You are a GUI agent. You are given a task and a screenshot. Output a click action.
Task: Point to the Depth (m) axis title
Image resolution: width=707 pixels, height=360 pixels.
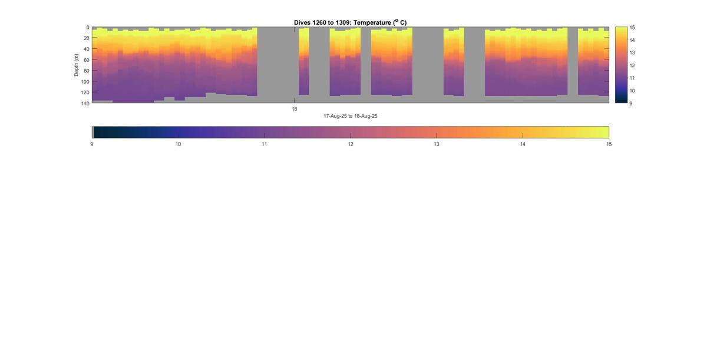(x=76, y=65)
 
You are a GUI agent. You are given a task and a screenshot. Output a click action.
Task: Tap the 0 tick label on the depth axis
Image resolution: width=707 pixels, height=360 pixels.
(x=88, y=28)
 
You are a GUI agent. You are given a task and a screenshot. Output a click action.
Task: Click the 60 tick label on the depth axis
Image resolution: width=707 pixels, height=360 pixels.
(x=86, y=60)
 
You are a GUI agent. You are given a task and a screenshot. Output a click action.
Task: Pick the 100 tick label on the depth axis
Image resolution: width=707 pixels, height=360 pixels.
(x=85, y=82)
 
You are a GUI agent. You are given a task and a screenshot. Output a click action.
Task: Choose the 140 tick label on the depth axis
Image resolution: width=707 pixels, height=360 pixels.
(x=85, y=103)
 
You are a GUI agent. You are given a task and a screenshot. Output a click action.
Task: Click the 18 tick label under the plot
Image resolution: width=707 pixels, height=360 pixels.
(x=295, y=109)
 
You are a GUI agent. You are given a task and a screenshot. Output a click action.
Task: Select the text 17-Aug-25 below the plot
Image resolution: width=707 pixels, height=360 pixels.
(x=334, y=116)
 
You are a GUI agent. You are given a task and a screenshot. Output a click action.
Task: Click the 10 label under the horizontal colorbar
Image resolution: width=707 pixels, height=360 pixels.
(x=178, y=144)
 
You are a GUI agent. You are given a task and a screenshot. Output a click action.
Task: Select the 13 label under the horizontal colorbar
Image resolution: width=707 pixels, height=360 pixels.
(x=437, y=144)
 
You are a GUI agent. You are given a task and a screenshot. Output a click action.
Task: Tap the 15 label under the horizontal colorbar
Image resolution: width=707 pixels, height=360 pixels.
(x=609, y=144)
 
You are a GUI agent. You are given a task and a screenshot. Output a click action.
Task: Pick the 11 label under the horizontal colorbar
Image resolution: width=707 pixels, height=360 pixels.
(x=264, y=144)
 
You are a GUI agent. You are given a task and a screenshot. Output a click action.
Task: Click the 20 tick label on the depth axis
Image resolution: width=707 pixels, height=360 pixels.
(x=86, y=38)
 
